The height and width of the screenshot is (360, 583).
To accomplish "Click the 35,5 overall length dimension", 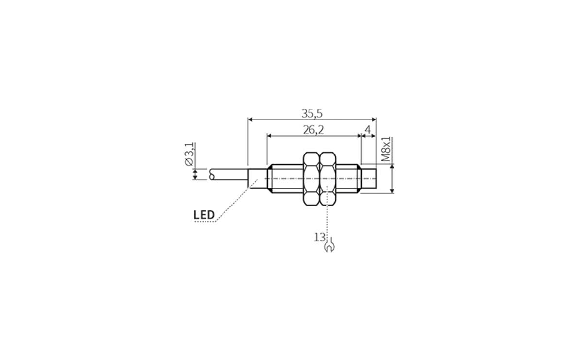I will [x=312, y=114].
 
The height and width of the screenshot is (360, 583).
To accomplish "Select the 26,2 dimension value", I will [x=313, y=130].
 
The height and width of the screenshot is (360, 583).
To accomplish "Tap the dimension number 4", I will [x=368, y=130].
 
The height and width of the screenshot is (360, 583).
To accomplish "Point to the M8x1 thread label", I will [x=386, y=149].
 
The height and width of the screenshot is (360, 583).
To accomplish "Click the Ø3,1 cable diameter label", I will [x=190, y=155].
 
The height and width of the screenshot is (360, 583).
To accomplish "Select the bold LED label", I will [x=204, y=214].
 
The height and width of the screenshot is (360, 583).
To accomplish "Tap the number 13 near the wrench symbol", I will [x=319, y=237].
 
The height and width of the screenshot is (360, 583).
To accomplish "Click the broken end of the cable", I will [x=211, y=174].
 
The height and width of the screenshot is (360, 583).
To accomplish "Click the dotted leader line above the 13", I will [x=328, y=219].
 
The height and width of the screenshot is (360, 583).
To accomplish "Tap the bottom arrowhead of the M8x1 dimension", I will [x=392, y=190].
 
